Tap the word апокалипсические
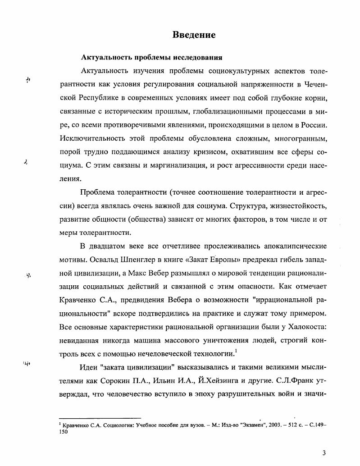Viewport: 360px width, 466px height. click(x=290, y=247)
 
